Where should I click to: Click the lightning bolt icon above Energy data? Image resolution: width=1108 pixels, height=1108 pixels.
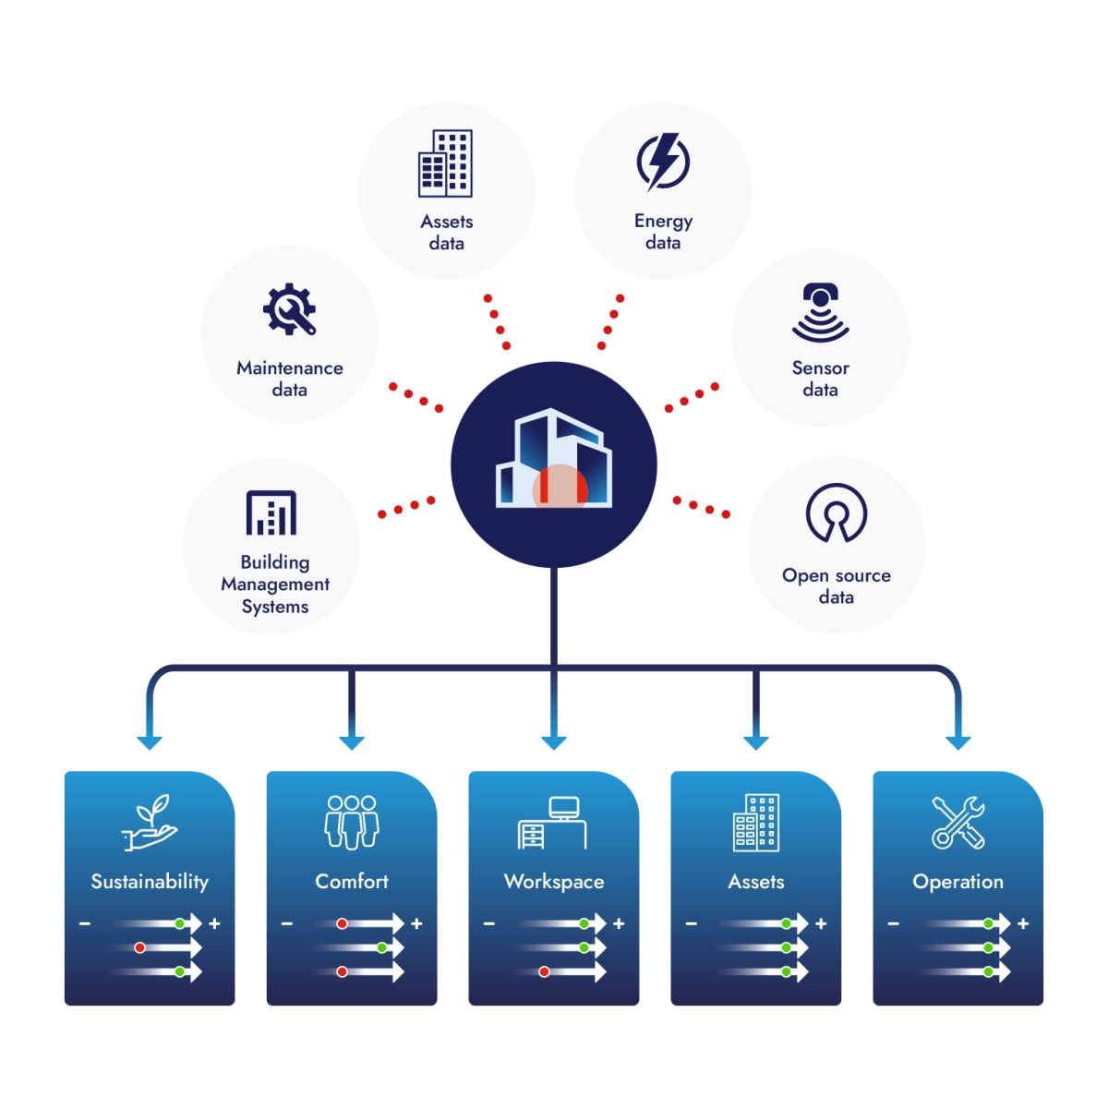663,163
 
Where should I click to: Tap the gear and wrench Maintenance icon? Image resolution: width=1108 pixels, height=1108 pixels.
289,309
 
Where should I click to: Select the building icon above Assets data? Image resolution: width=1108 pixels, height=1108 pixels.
446,163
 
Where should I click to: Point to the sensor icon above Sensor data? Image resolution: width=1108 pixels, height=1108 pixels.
820,313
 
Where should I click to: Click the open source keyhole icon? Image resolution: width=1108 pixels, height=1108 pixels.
836,513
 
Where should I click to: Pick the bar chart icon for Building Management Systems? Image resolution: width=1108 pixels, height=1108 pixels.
271,513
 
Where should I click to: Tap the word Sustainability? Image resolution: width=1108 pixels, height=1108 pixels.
150,882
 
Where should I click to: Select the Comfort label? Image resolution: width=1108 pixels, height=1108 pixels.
352,882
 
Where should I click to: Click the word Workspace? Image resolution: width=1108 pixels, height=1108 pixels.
554,882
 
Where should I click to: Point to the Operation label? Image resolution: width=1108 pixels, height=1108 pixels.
957,882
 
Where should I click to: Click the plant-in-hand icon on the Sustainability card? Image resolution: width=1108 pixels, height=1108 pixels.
150,823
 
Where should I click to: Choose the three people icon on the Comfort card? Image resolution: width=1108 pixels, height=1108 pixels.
352,823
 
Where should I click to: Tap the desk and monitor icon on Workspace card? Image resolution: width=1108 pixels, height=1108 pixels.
553,823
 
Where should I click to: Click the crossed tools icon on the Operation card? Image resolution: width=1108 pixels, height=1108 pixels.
957,823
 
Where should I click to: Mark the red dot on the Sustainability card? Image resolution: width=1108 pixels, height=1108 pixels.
139,947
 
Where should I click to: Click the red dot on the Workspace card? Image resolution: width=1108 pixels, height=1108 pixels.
544,971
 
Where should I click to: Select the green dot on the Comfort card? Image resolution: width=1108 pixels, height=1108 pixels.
381,947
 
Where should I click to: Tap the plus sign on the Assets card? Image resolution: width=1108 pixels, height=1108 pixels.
821,923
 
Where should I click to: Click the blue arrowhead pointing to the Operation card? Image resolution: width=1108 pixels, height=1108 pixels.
959,741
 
